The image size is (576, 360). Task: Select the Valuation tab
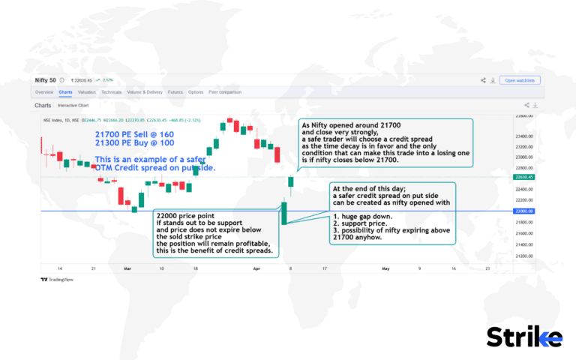(86, 92)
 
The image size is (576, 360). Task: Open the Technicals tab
(111, 92)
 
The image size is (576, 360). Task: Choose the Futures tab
(175, 92)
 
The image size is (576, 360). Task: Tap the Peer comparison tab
(225, 92)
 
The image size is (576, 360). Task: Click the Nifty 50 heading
(49, 79)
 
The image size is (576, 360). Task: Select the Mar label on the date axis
(127, 268)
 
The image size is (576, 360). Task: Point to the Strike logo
(523, 337)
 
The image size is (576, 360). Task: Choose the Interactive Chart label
(73, 106)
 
